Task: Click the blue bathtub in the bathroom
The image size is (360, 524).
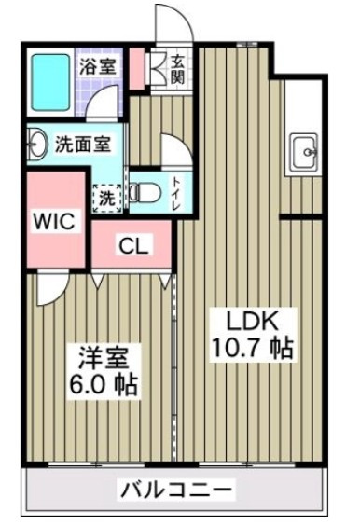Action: [50, 83]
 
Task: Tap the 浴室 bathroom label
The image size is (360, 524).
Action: [98, 66]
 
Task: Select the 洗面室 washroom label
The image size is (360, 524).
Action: [83, 145]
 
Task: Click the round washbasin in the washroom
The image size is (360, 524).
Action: [37, 145]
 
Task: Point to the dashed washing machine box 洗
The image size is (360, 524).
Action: [107, 199]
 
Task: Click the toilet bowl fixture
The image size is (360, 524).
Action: [145, 192]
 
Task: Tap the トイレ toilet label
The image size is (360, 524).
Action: [177, 193]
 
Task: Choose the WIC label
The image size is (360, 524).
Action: [54, 221]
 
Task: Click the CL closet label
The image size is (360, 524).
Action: [133, 247]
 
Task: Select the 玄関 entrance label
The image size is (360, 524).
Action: [177, 70]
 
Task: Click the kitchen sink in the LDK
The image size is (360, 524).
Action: [304, 152]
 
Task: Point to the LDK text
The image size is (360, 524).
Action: [253, 322]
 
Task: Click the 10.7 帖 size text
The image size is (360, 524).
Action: [253, 348]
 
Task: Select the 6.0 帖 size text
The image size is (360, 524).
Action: [104, 385]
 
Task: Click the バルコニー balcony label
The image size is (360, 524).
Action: [176, 490]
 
